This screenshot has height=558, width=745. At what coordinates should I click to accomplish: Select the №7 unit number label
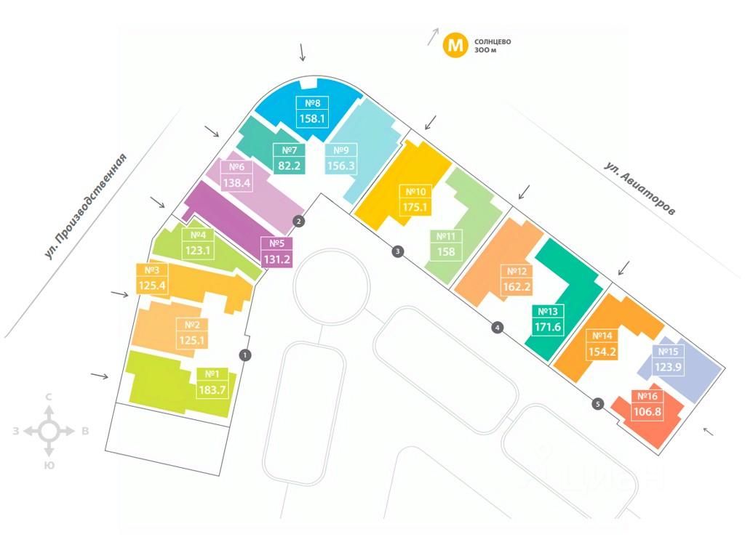[x=287, y=150]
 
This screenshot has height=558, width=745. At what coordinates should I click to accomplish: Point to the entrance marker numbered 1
[x=245, y=355]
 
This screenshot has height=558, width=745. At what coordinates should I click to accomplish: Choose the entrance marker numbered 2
[x=298, y=221]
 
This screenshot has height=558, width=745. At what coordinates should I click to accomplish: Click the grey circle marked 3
[x=397, y=251]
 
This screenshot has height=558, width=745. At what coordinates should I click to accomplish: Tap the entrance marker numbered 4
[x=498, y=328]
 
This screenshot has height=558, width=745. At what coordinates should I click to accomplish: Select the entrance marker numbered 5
[x=598, y=404]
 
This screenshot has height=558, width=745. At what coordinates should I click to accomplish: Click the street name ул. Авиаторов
[x=640, y=188]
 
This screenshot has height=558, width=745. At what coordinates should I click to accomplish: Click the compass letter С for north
[x=49, y=397]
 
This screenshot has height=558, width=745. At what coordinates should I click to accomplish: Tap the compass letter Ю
[x=49, y=464]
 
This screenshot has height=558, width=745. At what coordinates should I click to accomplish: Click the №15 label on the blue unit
[x=668, y=352]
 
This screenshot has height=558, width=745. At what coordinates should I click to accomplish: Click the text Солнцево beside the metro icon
[x=493, y=41]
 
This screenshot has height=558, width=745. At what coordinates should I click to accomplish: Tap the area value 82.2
[x=287, y=165]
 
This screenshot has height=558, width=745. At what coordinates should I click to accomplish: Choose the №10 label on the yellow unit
[x=416, y=192]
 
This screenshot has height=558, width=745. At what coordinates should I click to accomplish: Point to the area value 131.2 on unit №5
[x=276, y=258]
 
